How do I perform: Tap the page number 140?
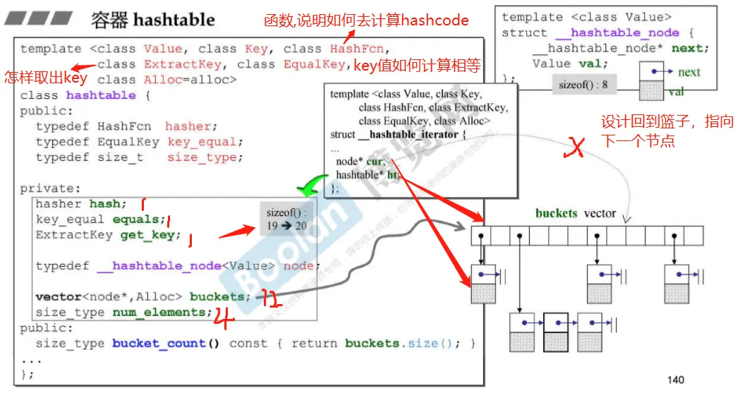[x=675, y=380]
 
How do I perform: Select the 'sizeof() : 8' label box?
[x=583, y=85]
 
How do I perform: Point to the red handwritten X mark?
[x=576, y=147]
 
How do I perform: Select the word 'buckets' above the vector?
[x=557, y=213]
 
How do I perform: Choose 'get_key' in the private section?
[x=147, y=235]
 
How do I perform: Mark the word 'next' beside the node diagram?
[x=689, y=72]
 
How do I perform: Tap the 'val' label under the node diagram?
[x=676, y=92]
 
